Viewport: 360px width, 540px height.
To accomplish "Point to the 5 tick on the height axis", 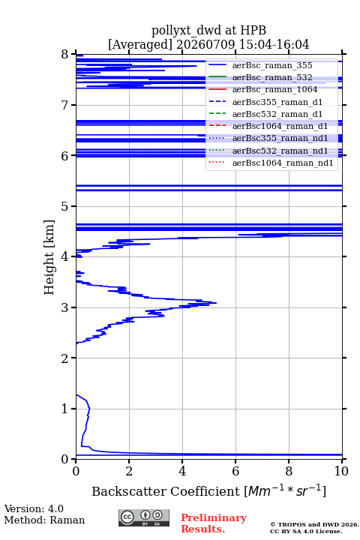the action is coord(73,206).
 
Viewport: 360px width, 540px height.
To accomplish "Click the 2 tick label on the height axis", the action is coord(64,358).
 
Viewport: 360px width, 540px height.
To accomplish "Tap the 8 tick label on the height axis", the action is coord(64,55).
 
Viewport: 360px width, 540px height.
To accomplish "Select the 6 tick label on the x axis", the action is coord(235,471).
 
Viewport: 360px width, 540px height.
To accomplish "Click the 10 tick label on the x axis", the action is coord(342,471).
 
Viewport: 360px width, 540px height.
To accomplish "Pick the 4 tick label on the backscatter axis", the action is coord(182,471).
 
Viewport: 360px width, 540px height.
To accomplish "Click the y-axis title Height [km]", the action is coord(49,257).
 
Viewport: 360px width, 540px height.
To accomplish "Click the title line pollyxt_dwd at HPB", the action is coord(208,30).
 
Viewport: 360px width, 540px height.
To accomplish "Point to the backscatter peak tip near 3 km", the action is coord(216,303).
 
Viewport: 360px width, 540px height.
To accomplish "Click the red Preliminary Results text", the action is coord(214,523).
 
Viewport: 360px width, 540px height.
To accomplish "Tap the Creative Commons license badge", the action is coord(144,517).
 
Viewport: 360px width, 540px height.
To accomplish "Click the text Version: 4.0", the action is coord(34,508).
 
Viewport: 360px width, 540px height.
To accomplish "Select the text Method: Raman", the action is coord(44,520).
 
